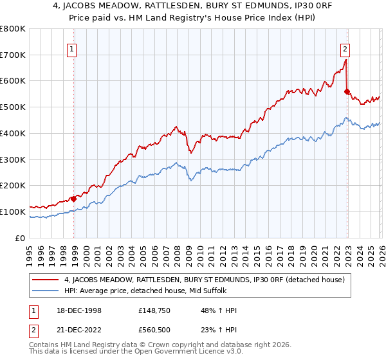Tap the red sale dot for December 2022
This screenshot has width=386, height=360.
click(347, 91)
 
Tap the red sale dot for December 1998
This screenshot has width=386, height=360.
click(74, 199)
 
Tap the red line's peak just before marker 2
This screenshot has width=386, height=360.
click(346, 60)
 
